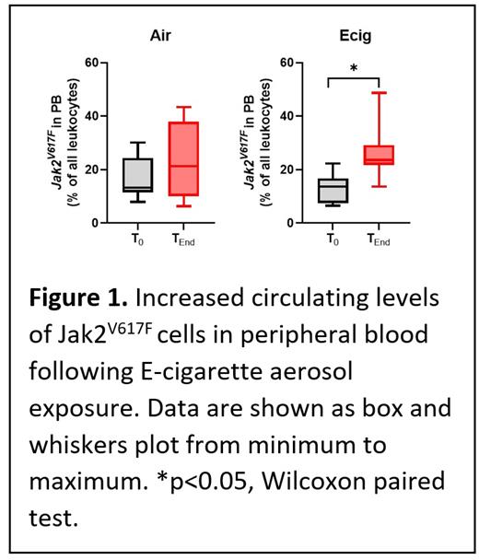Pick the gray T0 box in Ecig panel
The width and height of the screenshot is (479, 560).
(x=333, y=191)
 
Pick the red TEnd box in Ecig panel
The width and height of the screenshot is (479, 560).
(x=379, y=155)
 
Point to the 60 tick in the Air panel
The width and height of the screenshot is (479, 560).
(x=90, y=63)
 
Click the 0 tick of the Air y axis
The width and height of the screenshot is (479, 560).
(x=94, y=223)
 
